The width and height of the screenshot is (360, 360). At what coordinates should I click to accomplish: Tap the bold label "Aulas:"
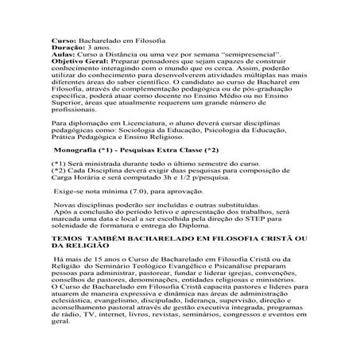pyautogui.click(x=63, y=54)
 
